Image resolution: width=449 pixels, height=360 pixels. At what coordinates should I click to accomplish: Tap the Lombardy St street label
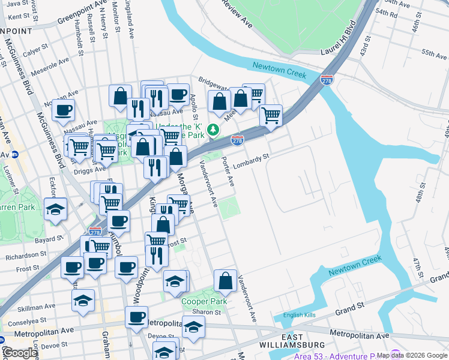[x=251, y=161]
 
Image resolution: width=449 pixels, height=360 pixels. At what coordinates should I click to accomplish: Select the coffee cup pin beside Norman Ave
[x=63, y=110]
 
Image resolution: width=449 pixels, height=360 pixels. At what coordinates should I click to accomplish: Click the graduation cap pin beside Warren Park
[x=56, y=209]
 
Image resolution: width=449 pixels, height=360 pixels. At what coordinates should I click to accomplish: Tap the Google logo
[x=19, y=353]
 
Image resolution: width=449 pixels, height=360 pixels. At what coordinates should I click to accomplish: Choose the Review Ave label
[x=237, y=11]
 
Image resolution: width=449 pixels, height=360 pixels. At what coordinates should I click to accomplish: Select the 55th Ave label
[x=434, y=53]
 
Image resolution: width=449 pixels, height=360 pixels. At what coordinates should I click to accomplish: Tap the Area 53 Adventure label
[x=336, y=356]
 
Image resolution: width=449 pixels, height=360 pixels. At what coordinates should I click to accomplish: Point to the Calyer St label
[x=35, y=50]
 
